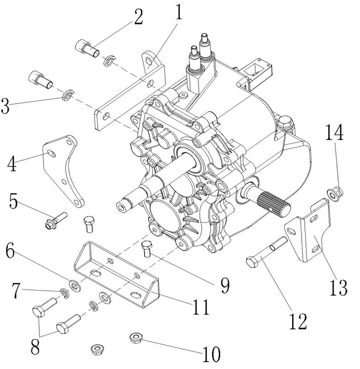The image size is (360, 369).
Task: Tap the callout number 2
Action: [x=137, y=17]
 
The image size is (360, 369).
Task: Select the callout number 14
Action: [x=335, y=133]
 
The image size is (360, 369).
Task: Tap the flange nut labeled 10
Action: [x=137, y=339]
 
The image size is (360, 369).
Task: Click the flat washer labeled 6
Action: [x=75, y=285]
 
